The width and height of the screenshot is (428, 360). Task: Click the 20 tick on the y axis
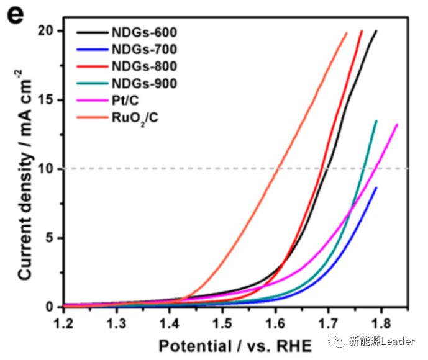52,31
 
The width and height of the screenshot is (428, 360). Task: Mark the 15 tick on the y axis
52,100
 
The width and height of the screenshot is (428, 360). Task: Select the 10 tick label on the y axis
52,169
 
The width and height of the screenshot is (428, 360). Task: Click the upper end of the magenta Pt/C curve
396,125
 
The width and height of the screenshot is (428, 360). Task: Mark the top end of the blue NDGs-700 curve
376,187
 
